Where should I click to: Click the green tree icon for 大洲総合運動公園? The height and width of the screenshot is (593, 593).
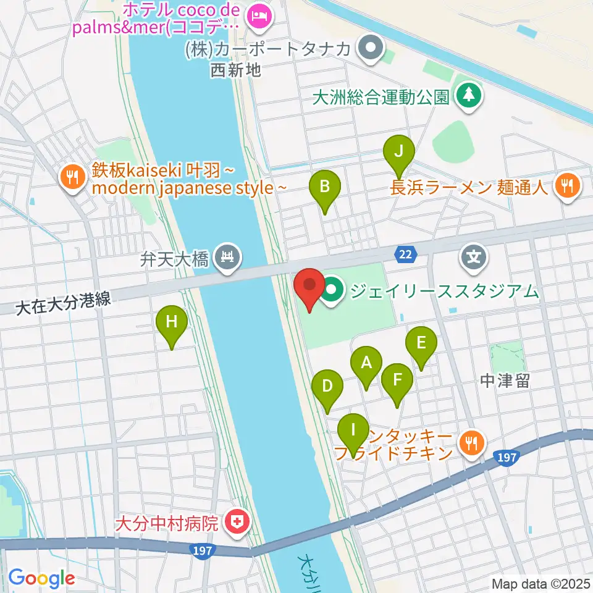tap(469, 96)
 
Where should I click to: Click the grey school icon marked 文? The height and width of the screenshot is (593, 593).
tap(474, 256)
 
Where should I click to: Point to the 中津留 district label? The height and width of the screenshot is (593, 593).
tap(505, 382)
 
